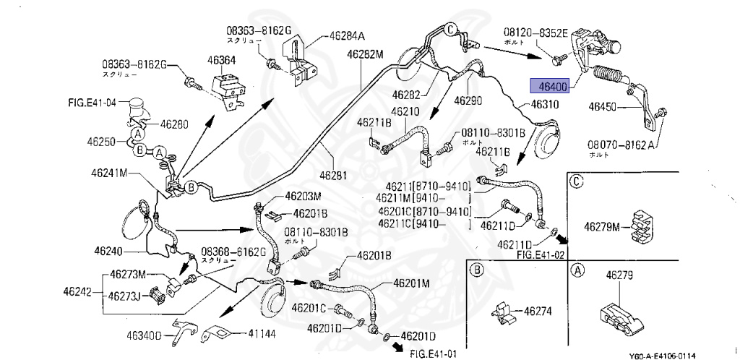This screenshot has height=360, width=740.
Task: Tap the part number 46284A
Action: (348, 35)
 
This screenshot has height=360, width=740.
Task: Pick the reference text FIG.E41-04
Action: (92, 103)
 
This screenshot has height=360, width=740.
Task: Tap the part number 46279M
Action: (602, 227)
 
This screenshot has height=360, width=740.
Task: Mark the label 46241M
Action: (109, 173)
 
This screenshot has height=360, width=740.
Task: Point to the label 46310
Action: (545, 105)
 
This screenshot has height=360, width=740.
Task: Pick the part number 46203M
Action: (303, 197)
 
